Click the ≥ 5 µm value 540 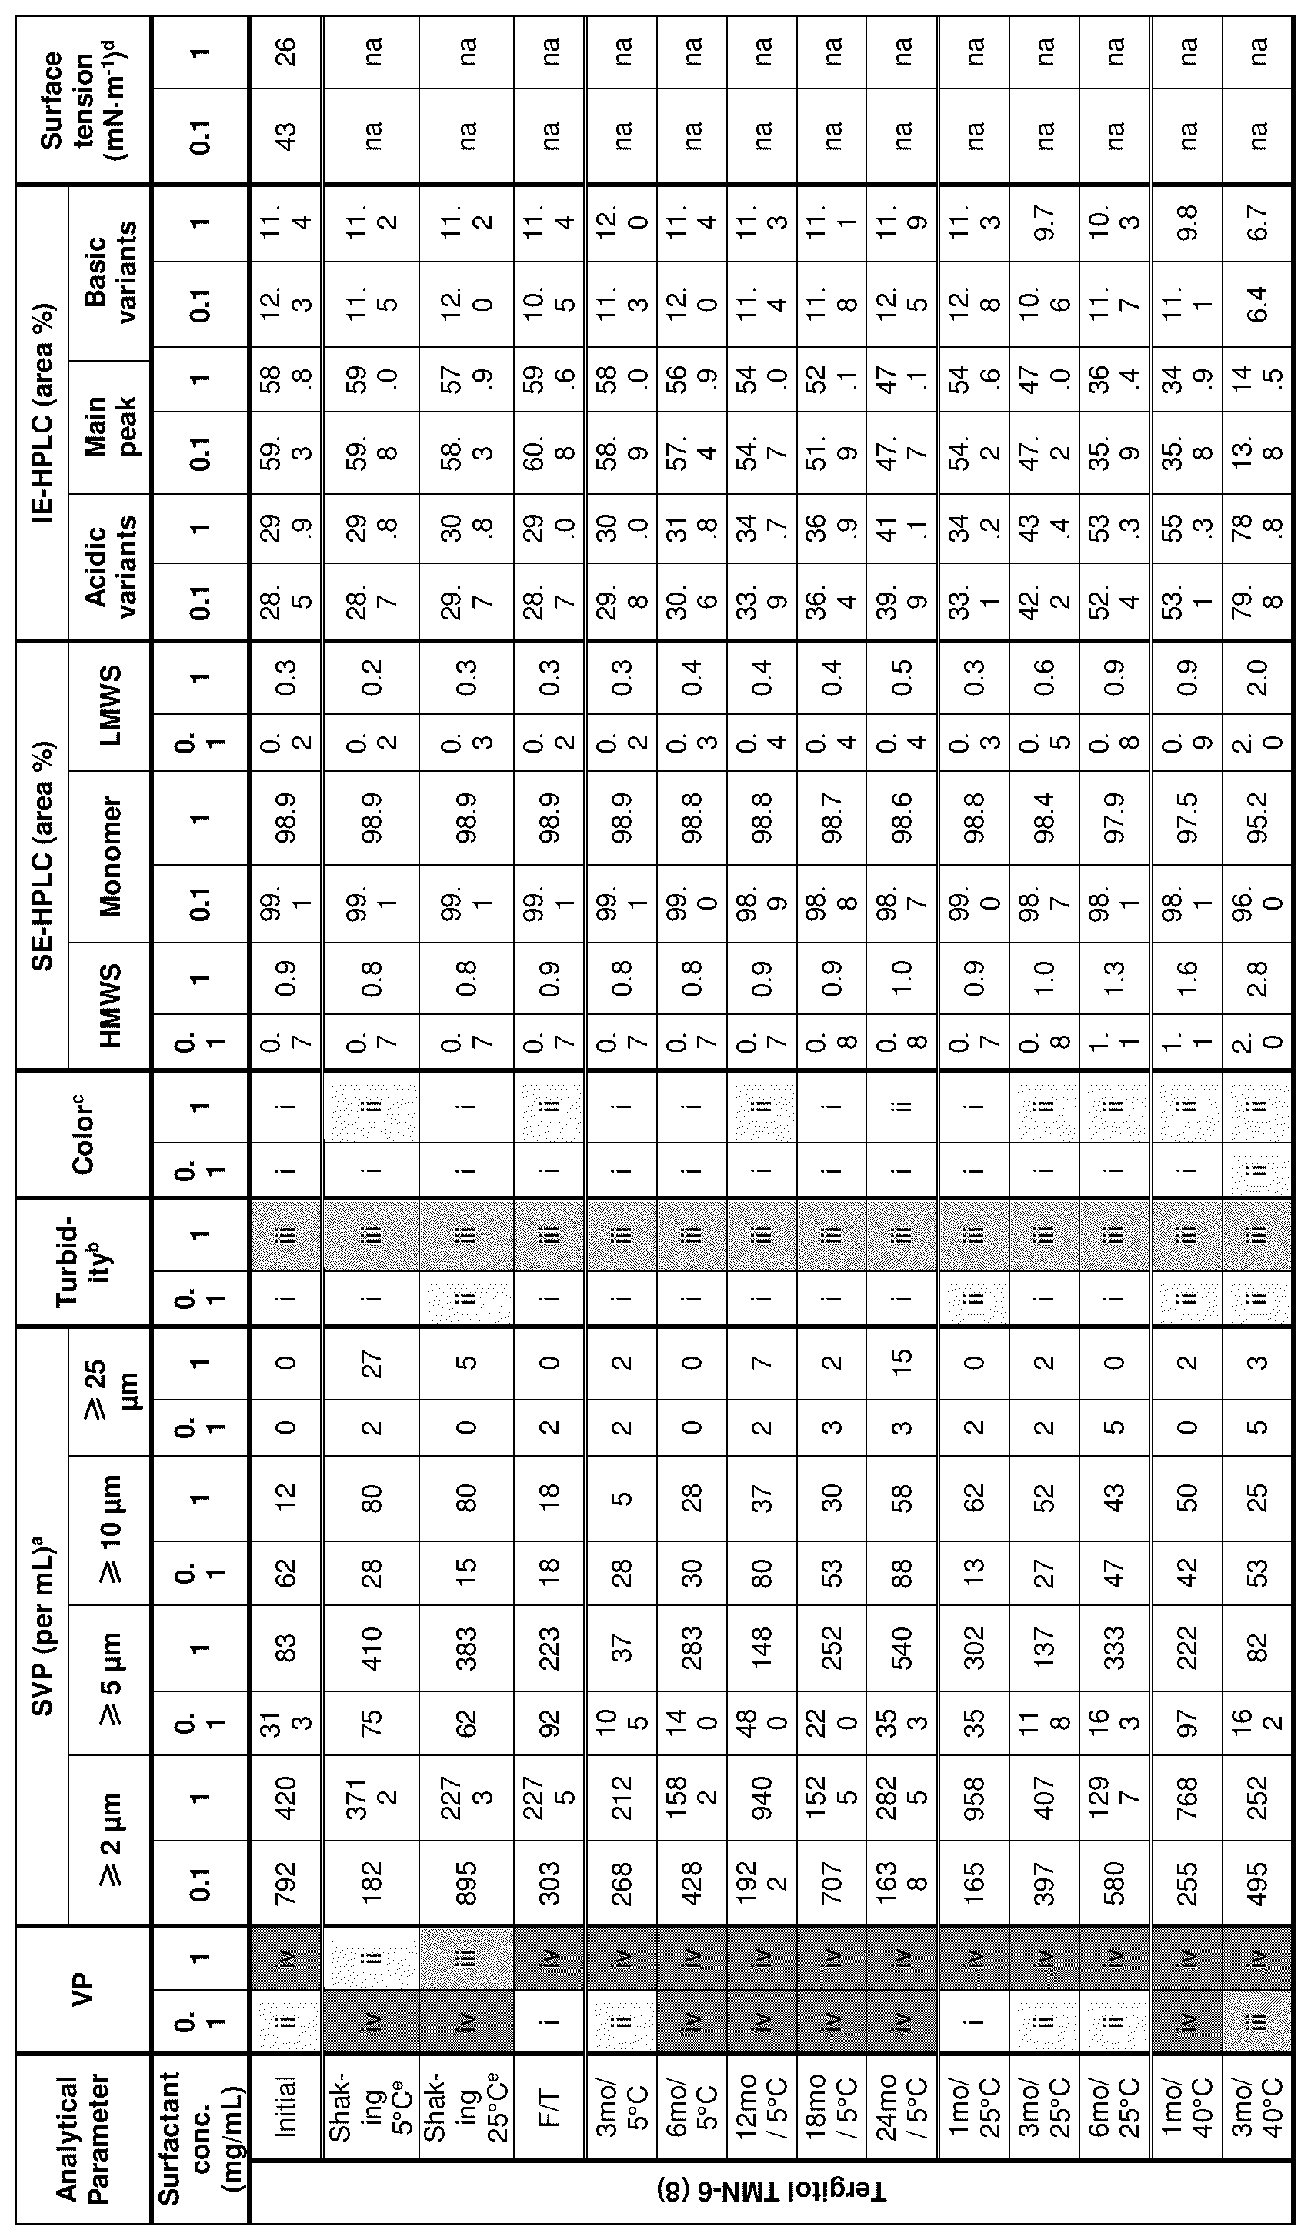[x=902, y=1649]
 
